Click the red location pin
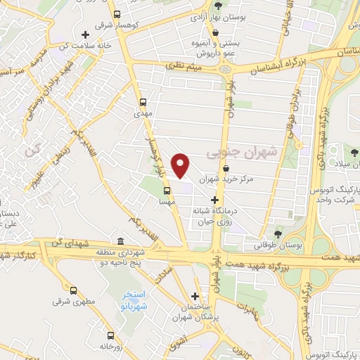click(182, 165)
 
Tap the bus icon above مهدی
click(143, 101)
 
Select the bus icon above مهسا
click(167, 190)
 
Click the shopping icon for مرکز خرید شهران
click(225, 169)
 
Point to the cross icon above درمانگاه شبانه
click(214, 200)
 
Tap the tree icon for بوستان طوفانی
click(279, 234)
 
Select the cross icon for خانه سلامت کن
click(85, 34)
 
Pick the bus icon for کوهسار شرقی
click(117, 13)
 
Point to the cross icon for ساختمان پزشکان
click(195, 297)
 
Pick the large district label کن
click(30, 150)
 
